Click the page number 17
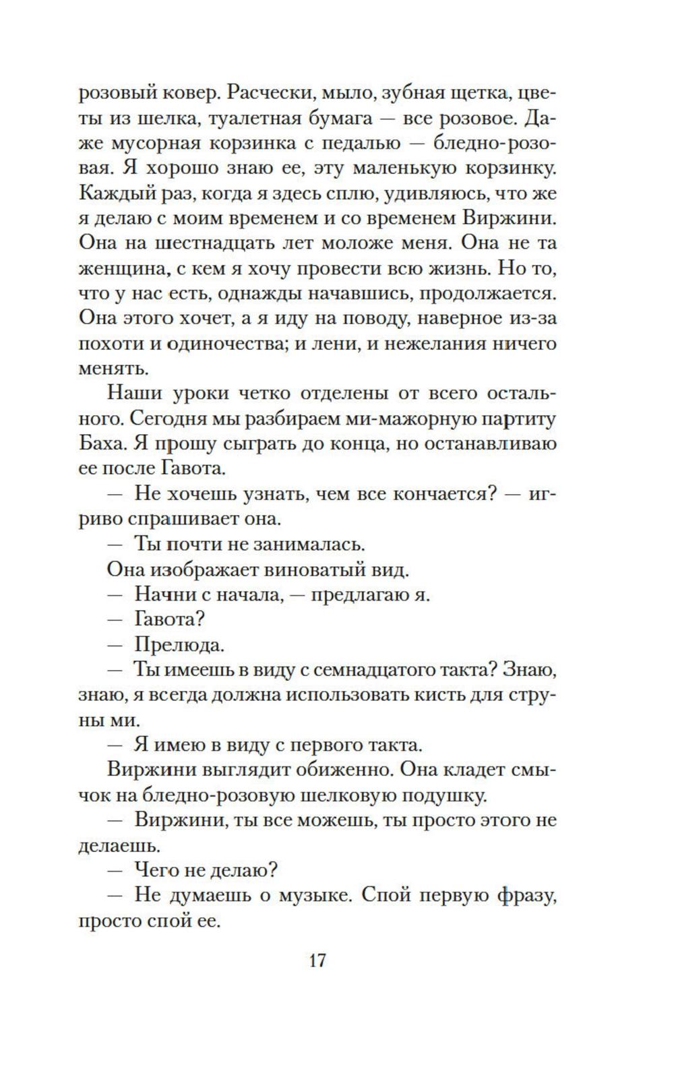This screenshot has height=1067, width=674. pos(317,960)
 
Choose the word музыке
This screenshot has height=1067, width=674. pos(309,896)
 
